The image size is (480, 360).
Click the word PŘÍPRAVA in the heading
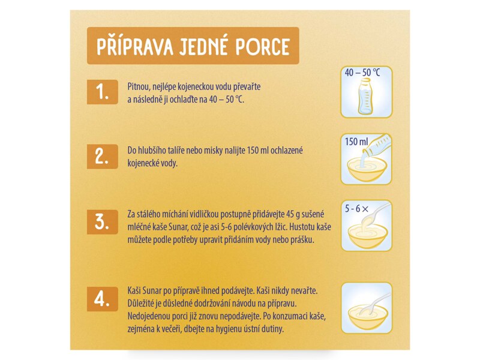click(x=134, y=47)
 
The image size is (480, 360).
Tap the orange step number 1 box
click(x=102, y=92)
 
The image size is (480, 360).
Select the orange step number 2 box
click(x=102, y=157)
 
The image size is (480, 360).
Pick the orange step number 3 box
click(x=102, y=222)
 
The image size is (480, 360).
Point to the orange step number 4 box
click(x=102, y=299)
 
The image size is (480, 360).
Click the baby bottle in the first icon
click(x=366, y=96)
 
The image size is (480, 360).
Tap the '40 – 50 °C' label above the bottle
click(x=362, y=73)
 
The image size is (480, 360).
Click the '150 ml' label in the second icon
click(x=356, y=142)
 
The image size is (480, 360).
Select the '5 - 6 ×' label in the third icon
click(x=356, y=209)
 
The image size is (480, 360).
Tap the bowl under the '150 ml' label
click(x=367, y=170)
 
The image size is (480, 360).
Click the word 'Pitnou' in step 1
click(x=138, y=86)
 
